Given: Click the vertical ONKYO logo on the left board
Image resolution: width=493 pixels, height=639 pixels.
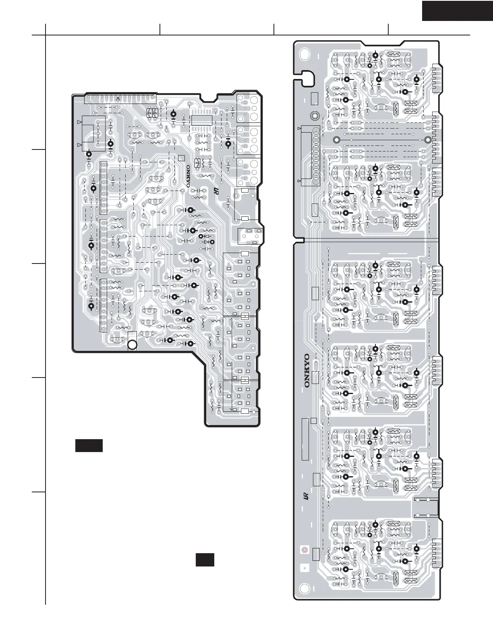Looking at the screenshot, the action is coord(188,176).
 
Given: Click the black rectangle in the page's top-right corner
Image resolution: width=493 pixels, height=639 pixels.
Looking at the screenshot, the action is coord(458,10).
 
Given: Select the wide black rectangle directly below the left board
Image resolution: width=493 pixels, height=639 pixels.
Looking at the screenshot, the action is coord(89,446).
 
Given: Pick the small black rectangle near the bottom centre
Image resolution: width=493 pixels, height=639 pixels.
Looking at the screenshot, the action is coord(205,560).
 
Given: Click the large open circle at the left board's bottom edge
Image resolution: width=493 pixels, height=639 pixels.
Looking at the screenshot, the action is coord(132,344).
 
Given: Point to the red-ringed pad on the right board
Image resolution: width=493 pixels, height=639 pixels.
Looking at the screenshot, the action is coord(304,549).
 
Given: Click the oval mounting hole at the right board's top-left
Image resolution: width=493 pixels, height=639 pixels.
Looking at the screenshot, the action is coord(305,54).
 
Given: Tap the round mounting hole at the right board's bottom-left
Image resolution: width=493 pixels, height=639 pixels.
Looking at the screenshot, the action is coord(305,589).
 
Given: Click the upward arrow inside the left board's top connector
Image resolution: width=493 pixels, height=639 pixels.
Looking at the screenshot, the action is coord(118,99).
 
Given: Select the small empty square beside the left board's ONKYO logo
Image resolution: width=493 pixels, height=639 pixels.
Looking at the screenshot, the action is coord(181,158).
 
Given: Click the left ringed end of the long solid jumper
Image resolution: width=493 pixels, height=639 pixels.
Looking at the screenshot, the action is coord(337,140).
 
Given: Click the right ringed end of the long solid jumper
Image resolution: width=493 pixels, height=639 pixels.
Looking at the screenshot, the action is coord(428,140).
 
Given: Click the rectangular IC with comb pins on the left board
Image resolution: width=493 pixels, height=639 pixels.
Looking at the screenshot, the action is coord(202,120).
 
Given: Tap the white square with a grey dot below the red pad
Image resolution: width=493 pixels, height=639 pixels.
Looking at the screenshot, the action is coord(304,568).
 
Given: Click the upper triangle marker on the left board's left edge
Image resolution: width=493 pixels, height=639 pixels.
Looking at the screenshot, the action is coord(79,122).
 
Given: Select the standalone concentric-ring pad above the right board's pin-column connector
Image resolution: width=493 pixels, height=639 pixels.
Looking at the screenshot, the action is coord(315,116).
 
